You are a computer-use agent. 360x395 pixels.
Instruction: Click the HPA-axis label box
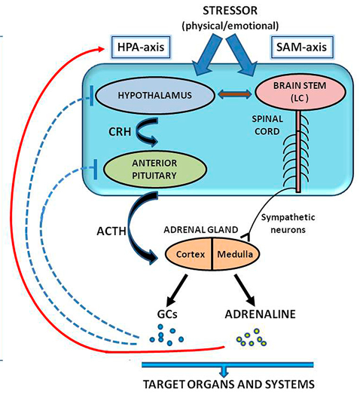click(x=141, y=47)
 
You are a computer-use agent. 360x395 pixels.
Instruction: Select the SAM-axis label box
click(x=301, y=47)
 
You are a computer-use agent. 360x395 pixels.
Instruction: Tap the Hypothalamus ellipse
click(x=155, y=96)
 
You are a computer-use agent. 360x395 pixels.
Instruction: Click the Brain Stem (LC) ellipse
click(x=300, y=92)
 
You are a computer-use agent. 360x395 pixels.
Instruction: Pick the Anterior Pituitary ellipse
click(x=154, y=170)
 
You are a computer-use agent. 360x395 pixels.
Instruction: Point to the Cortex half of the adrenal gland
click(x=189, y=254)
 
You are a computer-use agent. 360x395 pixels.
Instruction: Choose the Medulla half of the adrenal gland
click(x=236, y=254)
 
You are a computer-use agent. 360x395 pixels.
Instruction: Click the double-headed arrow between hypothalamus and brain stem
click(x=235, y=94)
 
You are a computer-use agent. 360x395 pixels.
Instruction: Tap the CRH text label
click(x=120, y=132)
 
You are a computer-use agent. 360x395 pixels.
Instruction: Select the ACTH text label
click(x=111, y=231)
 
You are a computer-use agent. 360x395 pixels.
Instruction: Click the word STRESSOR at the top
click(x=230, y=11)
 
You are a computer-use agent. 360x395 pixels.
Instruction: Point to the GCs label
click(x=167, y=314)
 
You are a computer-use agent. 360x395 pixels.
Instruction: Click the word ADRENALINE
click(x=260, y=314)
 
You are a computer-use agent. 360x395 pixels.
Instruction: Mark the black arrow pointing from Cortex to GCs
click(x=177, y=289)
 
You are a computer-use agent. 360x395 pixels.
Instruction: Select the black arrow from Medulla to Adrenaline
click(x=246, y=289)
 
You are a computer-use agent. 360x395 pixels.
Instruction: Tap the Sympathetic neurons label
click(x=288, y=223)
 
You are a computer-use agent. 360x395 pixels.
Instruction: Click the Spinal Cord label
click(x=267, y=125)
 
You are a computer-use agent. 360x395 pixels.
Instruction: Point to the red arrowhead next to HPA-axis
click(x=101, y=49)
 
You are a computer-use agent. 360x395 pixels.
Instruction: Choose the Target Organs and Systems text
click(x=229, y=384)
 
